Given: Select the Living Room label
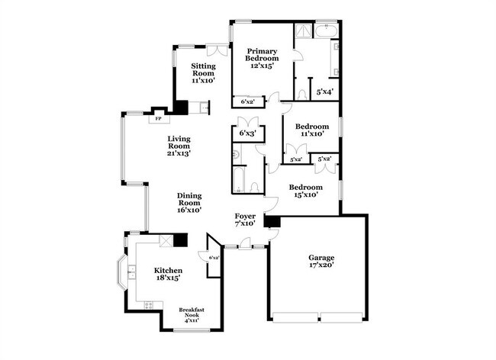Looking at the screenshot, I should (179, 143).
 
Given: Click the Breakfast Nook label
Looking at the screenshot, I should (192, 314).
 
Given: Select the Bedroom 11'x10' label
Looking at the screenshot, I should (312, 130).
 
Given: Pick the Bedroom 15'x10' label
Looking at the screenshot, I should (304, 191).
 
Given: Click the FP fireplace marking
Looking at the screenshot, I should (159, 119).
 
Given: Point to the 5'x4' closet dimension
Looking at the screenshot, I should (324, 92).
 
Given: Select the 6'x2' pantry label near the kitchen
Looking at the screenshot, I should (213, 258).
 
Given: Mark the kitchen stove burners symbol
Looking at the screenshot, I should (147, 305).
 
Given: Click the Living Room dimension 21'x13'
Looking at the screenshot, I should (179, 153).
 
